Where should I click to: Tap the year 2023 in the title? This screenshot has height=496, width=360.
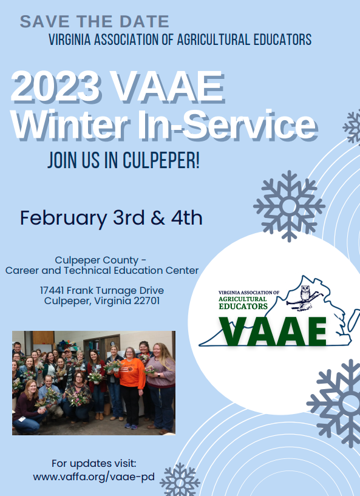coord(55,86)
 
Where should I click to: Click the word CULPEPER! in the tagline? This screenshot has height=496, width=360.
coord(161,160)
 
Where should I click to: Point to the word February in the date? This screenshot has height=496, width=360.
coord(64,219)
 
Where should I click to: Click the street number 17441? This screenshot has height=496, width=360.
coord(52,290)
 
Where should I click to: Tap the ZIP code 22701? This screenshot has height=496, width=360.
coord(147,301)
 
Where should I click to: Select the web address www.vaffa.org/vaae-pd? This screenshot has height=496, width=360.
coord(94,477)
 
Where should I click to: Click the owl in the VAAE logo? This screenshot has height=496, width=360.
coord(305,293)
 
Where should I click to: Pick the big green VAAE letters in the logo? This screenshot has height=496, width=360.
coord(274,331)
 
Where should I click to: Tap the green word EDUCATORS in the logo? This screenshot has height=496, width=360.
coord(243,306)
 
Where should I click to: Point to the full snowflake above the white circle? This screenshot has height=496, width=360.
coord(289,206)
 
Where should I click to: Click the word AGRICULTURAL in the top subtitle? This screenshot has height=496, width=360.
coord(214,39)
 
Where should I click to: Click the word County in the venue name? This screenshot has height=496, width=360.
coord(123,260)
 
